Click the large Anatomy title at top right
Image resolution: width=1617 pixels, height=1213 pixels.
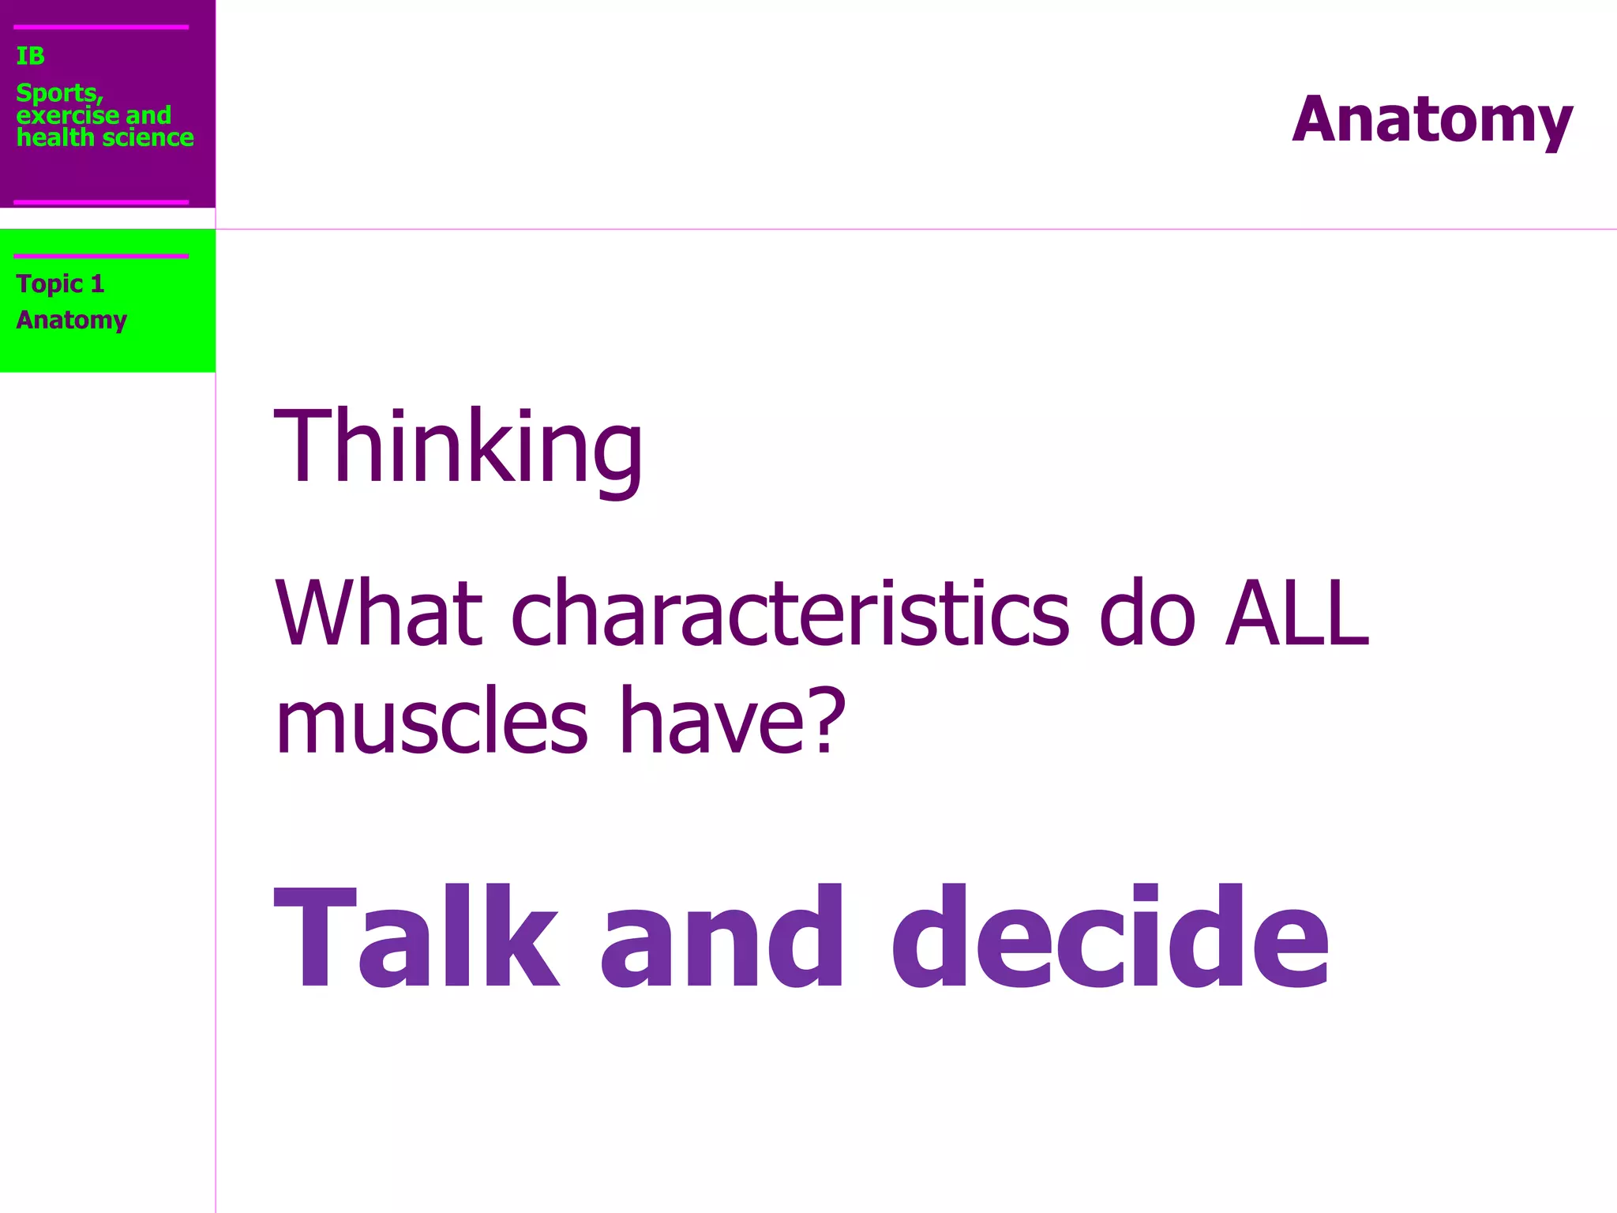pyautogui.click(x=1432, y=120)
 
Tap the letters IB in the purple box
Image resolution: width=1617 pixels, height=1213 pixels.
pyautogui.click(x=30, y=56)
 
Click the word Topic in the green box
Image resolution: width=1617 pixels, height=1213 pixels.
pyautogui.click(x=49, y=284)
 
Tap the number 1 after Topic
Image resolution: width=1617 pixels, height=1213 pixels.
pyautogui.click(x=97, y=284)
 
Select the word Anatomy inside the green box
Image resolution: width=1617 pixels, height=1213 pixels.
pyautogui.click(x=71, y=320)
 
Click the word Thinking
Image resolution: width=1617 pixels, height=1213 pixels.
pyautogui.click(x=458, y=447)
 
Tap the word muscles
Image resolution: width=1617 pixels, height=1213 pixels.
pyautogui.click(x=431, y=720)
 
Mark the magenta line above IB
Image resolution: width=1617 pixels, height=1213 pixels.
pyautogui.click(x=101, y=27)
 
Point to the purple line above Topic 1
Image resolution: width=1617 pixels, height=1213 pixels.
pyautogui.click(x=101, y=256)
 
